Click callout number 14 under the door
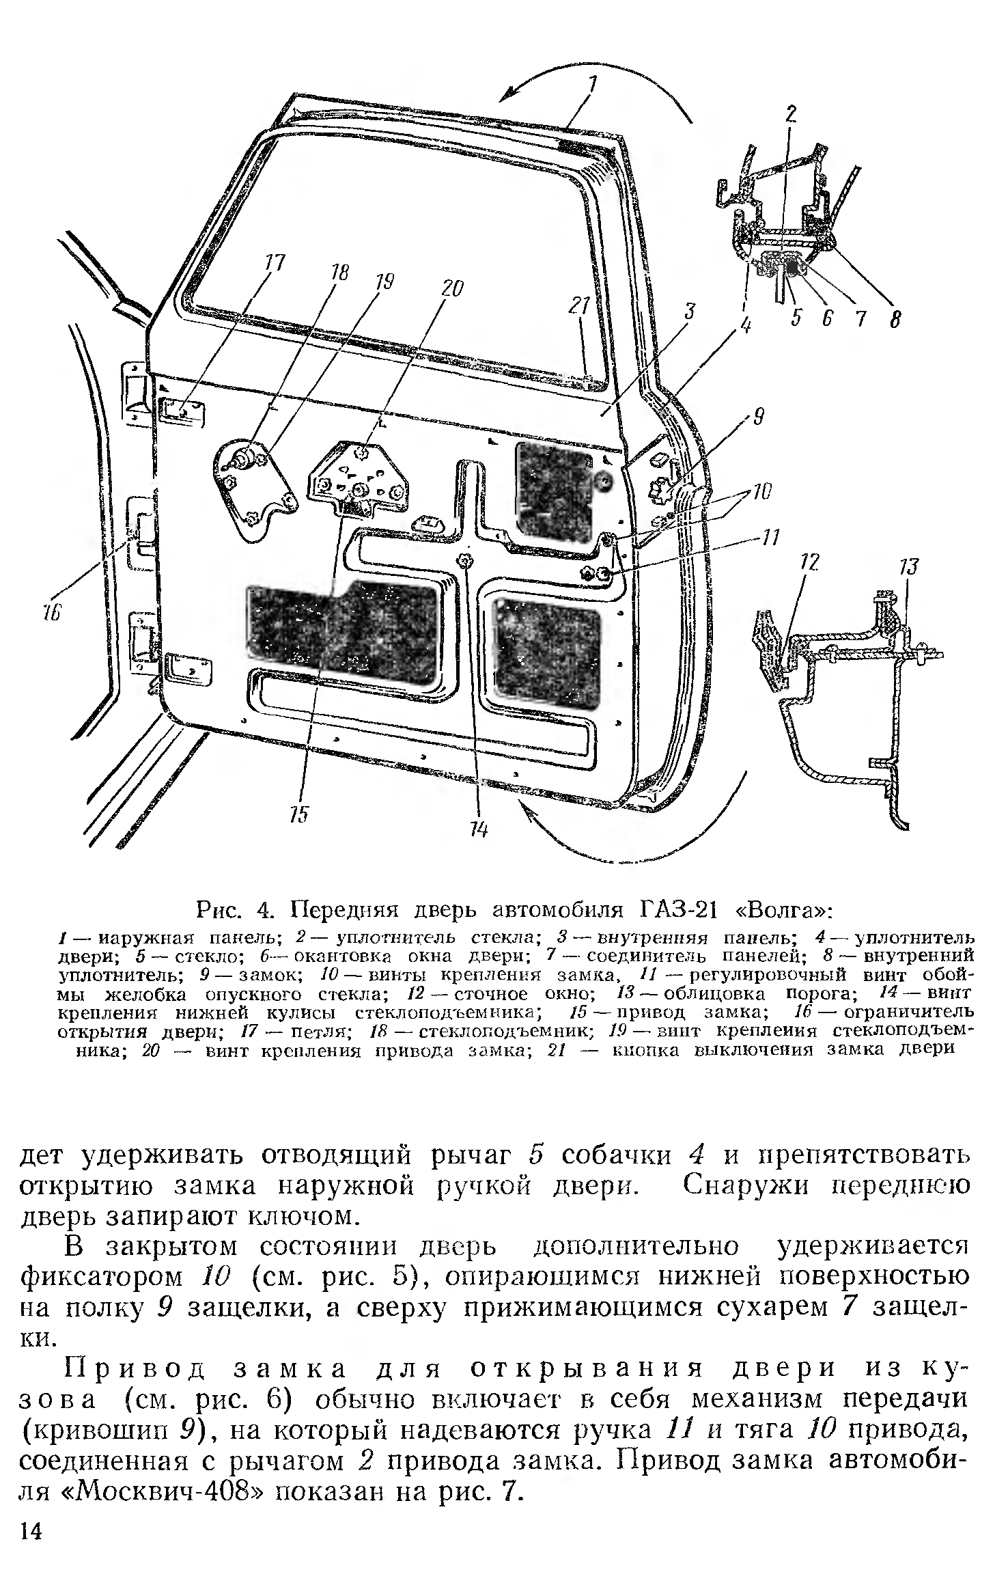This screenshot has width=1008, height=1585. (x=479, y=829)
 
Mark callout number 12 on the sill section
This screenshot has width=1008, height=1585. (x=809, y=563)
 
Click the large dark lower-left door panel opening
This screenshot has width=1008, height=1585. (x=341, y=629)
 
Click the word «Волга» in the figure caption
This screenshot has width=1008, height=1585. (x=782, y=912)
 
